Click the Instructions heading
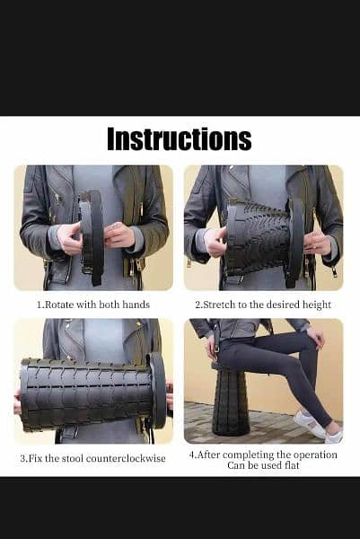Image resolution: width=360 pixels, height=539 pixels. coord(180,139)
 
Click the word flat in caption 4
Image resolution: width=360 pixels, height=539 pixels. coord(292,465)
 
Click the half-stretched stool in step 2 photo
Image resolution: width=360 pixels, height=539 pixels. coord(265,238)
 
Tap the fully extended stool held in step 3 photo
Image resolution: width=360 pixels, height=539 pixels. coord(92,393)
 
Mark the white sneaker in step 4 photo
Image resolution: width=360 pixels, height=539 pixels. coord(310,423)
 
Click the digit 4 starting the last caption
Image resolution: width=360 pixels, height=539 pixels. coord(192,455)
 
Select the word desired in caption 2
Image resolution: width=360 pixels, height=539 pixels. coord(284,305)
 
